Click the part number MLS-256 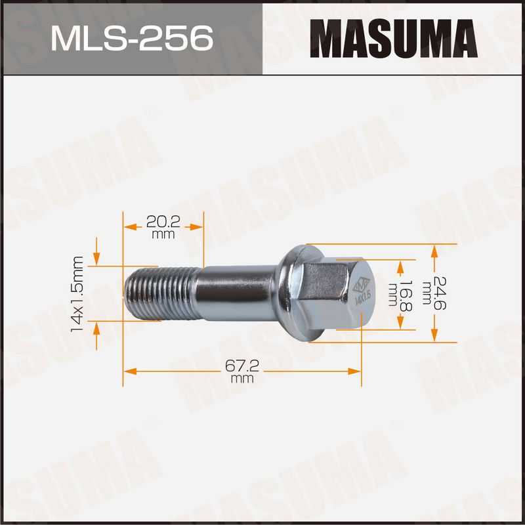[132, 39]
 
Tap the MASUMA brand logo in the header [393, 39]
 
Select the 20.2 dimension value [163, 222]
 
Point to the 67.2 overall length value [242, 366]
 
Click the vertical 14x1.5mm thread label [77, 294]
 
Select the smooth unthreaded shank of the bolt [238, 293]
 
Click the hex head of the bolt [339, 295]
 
